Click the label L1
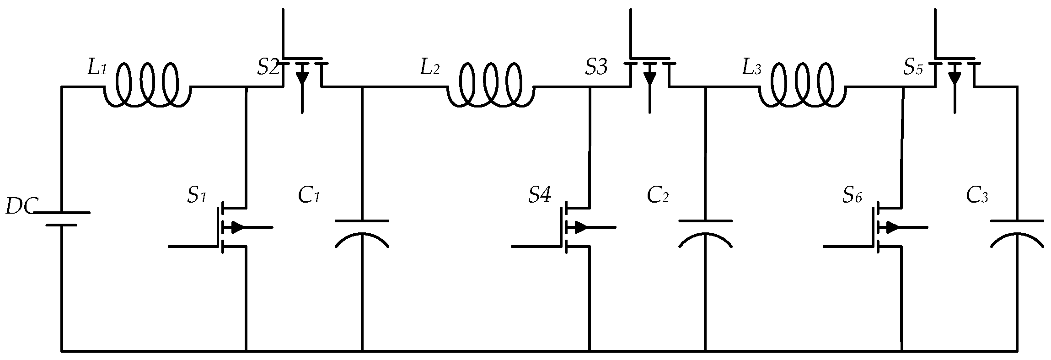tap(97, 69)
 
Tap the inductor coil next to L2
tap(490, 87)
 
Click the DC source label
tap(19, 207)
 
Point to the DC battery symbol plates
tap(61, 219)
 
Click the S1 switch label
tap(197, 196)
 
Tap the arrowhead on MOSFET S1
tap(238, 227)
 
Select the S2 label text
tap(268, 68)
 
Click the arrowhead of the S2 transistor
tap(302, 78)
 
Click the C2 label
tap(658, 196)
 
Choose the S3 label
tap(596, 68)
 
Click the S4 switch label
tap(540, 196)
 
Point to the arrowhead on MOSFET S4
tap(581, 227)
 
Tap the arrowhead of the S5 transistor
tap(954, 78)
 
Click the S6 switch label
tap(852, 196)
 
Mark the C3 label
tap(977, 196)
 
